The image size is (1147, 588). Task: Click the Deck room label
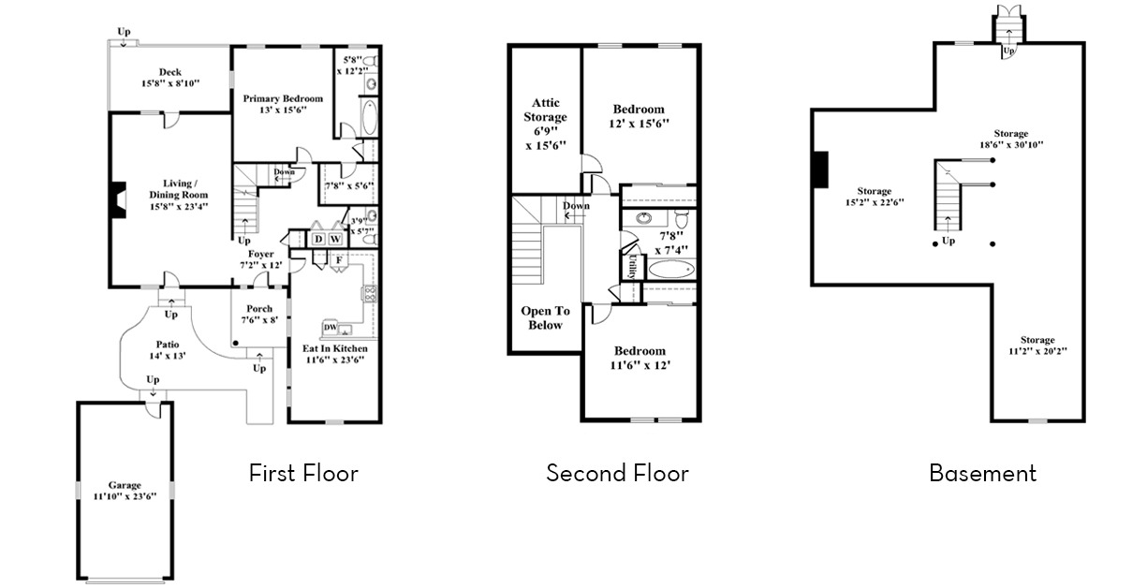click(x=169, y=72)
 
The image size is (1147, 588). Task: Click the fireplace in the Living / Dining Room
click(x=115, y=199)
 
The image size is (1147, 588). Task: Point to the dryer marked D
click(x=318, y=240)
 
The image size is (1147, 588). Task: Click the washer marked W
click(x=334, y=240)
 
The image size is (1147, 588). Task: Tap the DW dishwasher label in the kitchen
click(x=329, y=327)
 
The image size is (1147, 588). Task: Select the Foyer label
click(x=260, y=254)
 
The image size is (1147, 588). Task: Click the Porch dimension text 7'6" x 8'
click(x=259, y=320)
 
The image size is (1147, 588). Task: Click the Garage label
click(x=124, y=485)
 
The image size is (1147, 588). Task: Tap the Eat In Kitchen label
click(x=334, y=349)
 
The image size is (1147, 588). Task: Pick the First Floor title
click(x=303, y=473)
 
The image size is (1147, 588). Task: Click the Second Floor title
click(x=617, y=473)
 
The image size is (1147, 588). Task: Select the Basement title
click(x=982, y=473)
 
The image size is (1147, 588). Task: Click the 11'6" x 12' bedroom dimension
click(x=640, y=364)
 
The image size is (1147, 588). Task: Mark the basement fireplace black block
click(x=820, y=169)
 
